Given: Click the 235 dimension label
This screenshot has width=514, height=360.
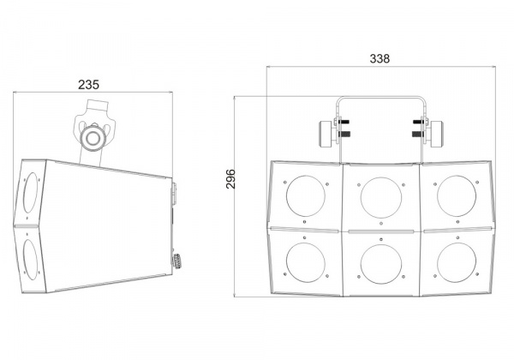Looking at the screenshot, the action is [88, 85].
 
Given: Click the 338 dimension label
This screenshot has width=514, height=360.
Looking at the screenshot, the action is [380, 58].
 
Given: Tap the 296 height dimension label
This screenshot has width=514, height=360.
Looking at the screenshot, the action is [230, 178].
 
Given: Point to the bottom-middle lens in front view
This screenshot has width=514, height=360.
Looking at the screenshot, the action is [381, 264].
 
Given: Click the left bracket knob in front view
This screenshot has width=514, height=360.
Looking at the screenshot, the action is [326, 134].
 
